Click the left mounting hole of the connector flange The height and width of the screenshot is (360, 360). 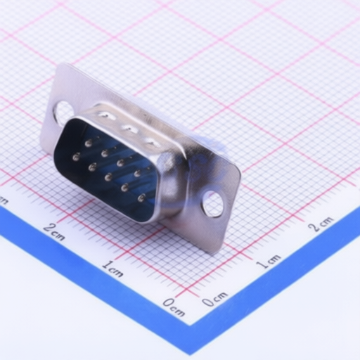pos(63,112)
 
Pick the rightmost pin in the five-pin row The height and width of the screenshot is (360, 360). pos(141,198)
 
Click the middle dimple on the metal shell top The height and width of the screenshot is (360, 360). pos(128,128)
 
